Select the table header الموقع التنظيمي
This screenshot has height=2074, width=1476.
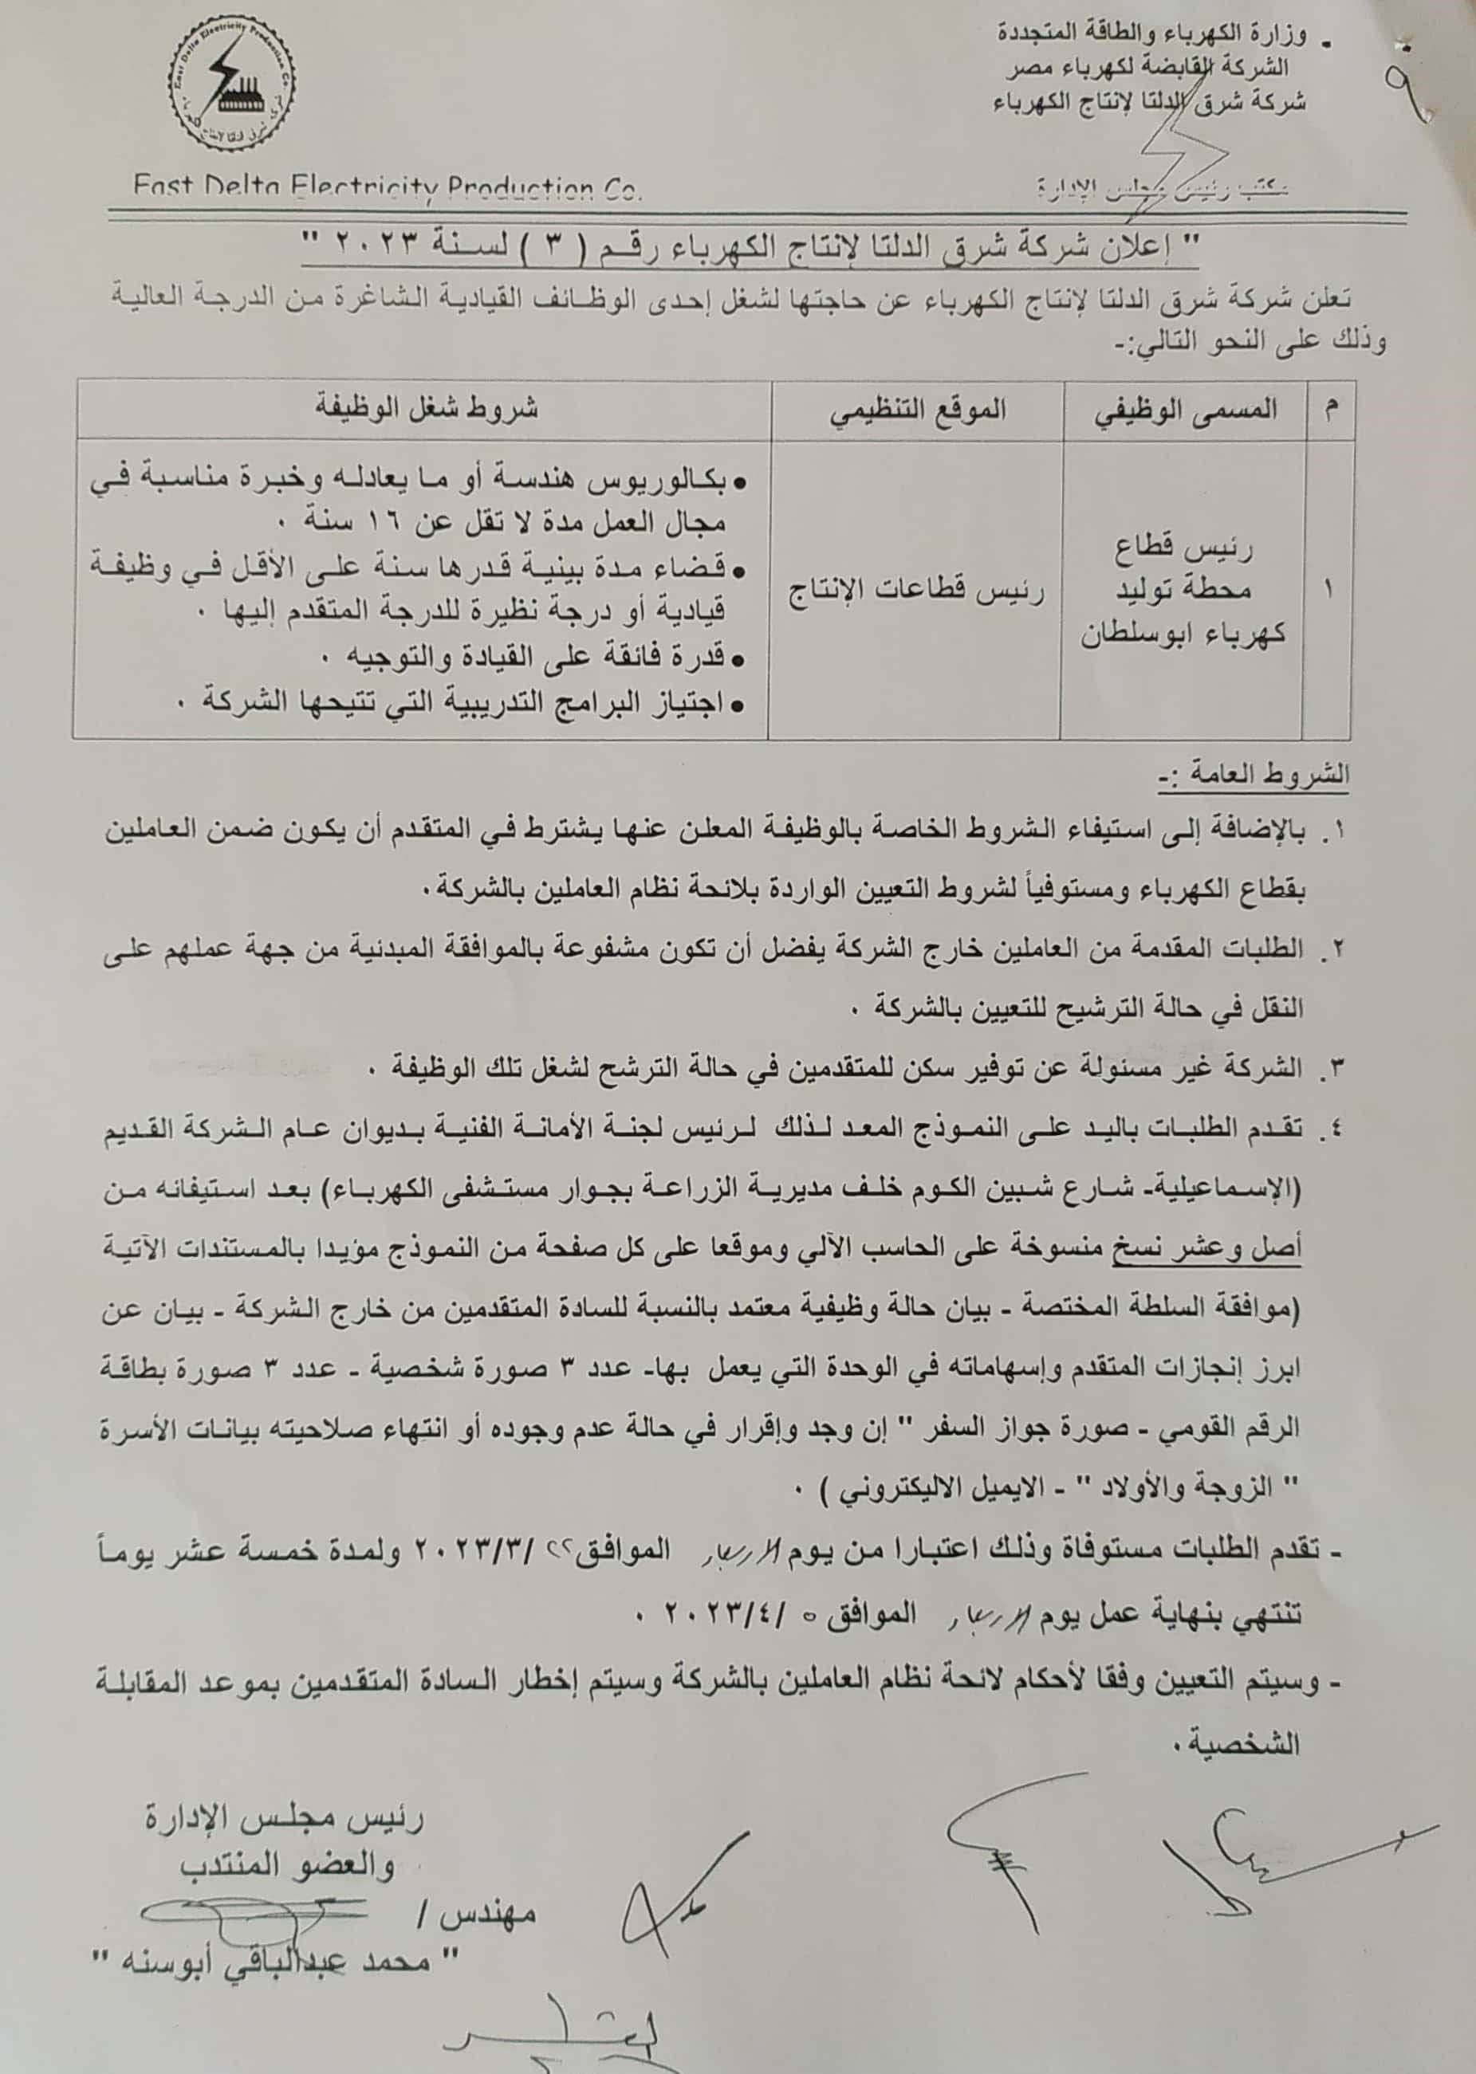pyautogui.click(x=917, y=410)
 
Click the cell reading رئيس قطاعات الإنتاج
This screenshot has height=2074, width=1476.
pyautogui.click(x=916, y=591)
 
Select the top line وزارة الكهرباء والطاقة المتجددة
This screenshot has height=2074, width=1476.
pyautogui.click(x=1151, y=37)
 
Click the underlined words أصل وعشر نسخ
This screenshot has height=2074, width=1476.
pyautogui.click(x=1210, y=1250)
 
